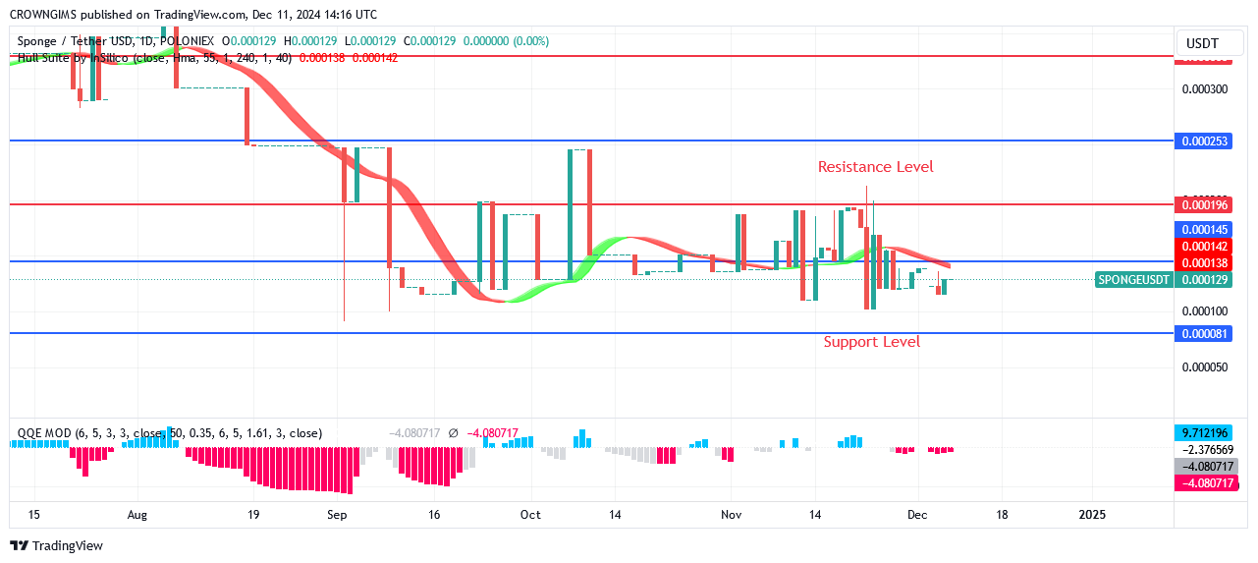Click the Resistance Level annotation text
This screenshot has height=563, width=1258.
point(875,167)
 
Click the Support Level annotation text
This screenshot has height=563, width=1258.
point(871,342)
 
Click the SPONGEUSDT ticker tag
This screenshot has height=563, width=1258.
point(1133,280)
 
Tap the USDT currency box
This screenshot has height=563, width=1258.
point(1202,43)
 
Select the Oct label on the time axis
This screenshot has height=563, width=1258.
point(530,514)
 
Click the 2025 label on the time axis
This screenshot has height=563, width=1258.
point(1092,514)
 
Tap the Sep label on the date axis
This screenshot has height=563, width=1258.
point(337,514)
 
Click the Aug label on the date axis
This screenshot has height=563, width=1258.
point(137,514)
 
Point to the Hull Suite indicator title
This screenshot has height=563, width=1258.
point(59,58)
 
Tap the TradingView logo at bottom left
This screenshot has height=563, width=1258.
point(58,545)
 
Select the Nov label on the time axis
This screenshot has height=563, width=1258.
point(731,514)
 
